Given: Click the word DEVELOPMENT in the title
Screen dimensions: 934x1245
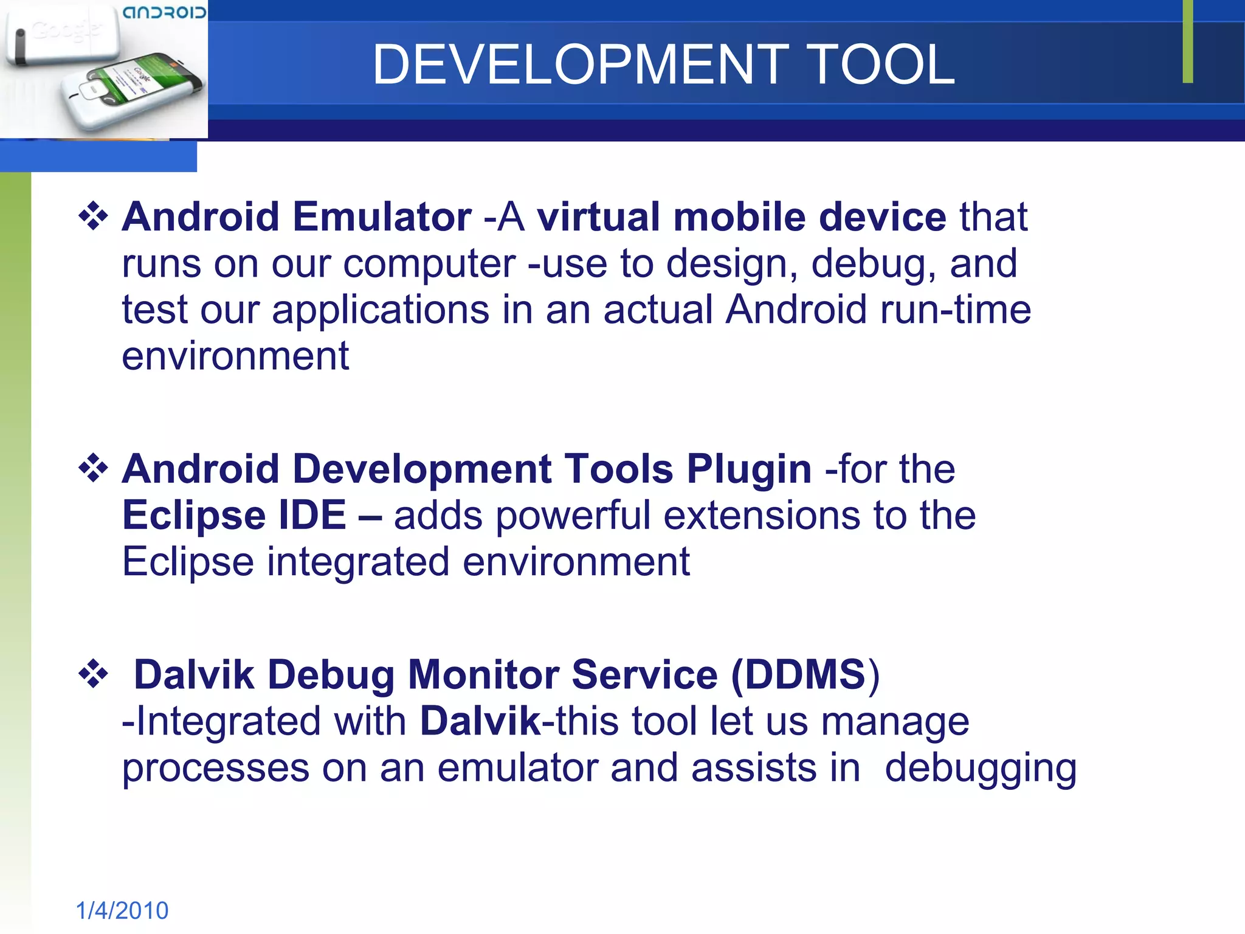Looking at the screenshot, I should click(x=581, y=64).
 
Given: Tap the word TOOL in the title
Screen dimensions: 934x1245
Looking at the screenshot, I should click(x=881, y=64).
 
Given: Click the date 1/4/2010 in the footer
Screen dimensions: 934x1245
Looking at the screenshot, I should click(x=122, y=910).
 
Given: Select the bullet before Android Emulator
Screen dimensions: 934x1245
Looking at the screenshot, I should click(x=93, y=216).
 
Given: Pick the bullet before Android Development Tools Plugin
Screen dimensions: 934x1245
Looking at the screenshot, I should click(x=93, y=469).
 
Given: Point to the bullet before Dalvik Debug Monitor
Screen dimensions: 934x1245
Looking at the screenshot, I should click(x=93, y=674).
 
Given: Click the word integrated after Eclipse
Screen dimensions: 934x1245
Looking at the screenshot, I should click(x=358, y=561).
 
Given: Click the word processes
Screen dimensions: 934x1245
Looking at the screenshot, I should click(x=215, y=768).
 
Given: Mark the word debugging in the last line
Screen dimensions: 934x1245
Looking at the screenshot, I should click(x=980, y=769).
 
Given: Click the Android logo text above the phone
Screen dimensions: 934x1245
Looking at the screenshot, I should click(x=164, y=12).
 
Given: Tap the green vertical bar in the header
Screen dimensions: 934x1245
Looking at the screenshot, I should click(x=1187, y=41).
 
